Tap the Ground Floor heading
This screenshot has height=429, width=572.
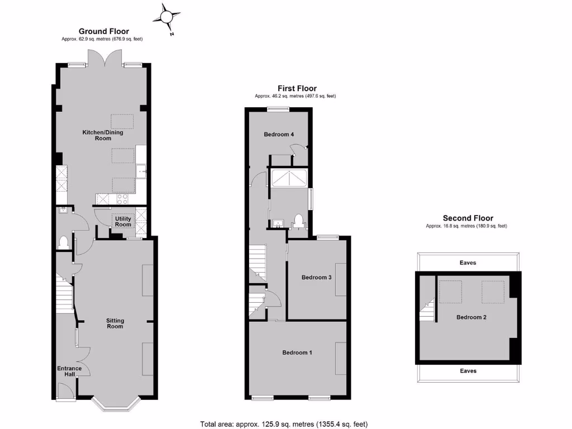tap(104, 31)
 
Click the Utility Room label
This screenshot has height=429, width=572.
tap(123, 221)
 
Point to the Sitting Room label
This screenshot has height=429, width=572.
tap(115, 323)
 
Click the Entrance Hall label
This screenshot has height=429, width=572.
tap(69, 371)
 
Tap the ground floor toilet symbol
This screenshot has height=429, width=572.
tap(64, 242)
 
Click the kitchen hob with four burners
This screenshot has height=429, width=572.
tap(122, 198)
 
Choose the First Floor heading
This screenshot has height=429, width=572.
tap(297, 88)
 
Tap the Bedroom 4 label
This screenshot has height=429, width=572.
tap(278, 134)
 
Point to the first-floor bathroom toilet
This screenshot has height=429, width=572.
tap(298, 222)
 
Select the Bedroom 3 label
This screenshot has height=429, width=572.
tap(316, 277)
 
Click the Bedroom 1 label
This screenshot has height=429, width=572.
tap(297, 352)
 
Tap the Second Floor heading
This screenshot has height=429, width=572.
tap(468, 218)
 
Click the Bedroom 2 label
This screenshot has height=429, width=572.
tap(471, 317)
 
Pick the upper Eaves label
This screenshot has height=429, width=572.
tap(468, 263)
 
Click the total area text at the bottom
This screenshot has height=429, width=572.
tap(284, 423)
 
